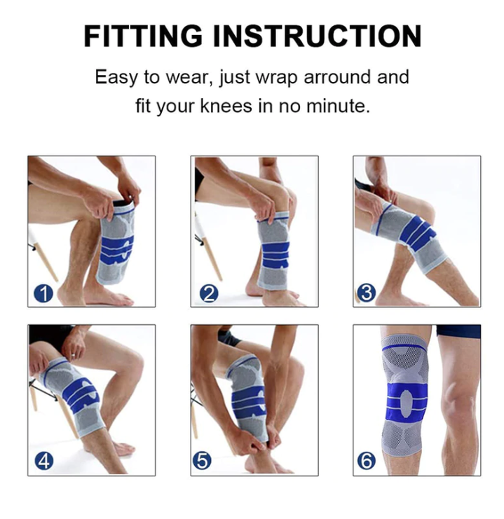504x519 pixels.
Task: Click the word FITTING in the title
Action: (x=142, y=36)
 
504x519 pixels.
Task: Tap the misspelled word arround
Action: (x=336, y=77)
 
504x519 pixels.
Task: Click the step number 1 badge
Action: (x=44, y=293)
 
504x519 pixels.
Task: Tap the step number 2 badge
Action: (x=208, y=293)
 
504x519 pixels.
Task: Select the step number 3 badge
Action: (x=366, y=293)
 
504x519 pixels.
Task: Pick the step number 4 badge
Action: (x=44, y=462)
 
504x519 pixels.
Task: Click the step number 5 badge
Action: (x=203, y=462)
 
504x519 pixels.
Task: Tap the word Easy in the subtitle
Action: (x=116, y=77)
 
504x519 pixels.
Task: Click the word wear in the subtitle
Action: (x=188, y=77)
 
